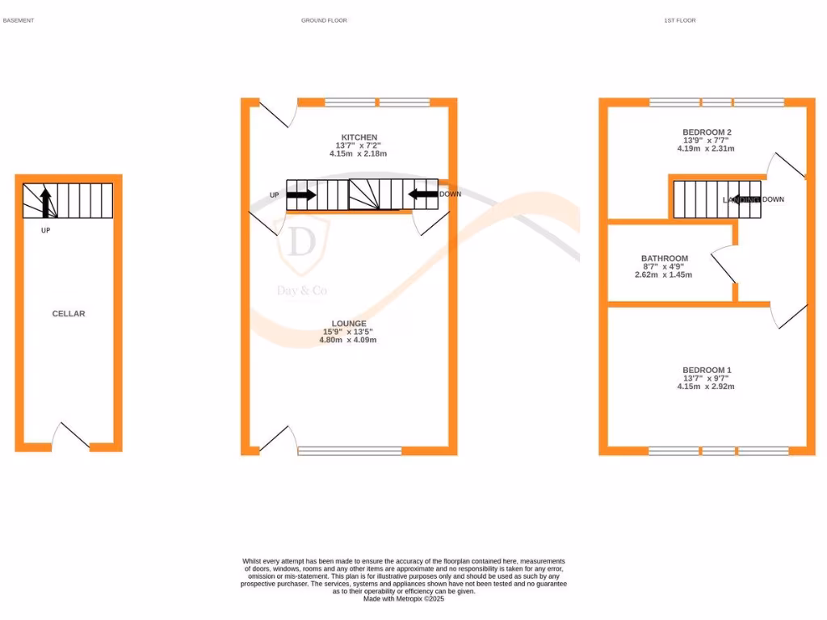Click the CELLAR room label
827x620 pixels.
[69, 313]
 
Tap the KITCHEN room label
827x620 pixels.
[359, 137]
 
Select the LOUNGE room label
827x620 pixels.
[348, 324]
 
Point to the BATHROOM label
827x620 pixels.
[665, 258]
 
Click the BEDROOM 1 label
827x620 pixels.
[707, 370]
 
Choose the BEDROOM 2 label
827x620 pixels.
[707, 132]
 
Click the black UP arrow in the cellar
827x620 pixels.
[46, 202]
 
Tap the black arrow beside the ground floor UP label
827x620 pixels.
[301, 195]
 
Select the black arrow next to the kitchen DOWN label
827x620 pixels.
[423, 194]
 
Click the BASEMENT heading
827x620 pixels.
[19, 20]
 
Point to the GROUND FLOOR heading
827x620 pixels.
[324, 20]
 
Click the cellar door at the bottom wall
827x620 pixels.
[71, 436]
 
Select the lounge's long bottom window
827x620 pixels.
[350, 450]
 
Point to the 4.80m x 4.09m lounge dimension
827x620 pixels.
[348, 340]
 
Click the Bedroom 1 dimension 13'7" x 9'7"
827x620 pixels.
[707, 378]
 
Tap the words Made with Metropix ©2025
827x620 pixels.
[404, 599]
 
